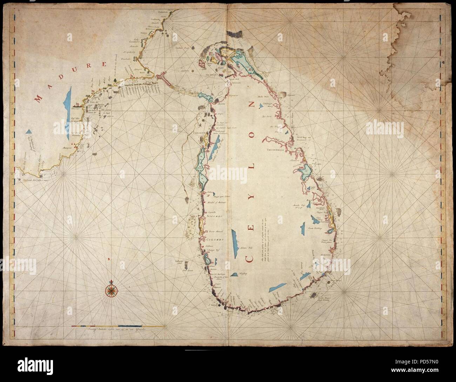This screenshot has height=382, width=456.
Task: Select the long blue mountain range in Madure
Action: pyautogui.click(x=69, y=99)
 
